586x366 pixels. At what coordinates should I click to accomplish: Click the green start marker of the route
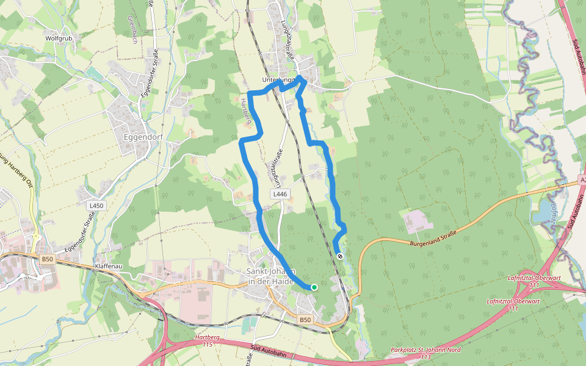(314, 287)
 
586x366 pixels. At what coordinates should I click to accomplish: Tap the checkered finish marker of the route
(339, 256)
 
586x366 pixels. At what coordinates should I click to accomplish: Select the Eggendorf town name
(140, 137)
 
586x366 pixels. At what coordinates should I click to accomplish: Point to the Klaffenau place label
(109, 267)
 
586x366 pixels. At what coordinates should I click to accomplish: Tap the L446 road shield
(280, 194)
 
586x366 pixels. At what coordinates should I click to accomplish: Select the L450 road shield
(96, 206)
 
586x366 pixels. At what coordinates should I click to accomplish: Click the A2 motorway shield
(581, 181)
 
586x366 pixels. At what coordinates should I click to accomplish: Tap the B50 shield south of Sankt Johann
(305, 320)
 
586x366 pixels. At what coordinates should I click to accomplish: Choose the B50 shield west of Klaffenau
(47, 259)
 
